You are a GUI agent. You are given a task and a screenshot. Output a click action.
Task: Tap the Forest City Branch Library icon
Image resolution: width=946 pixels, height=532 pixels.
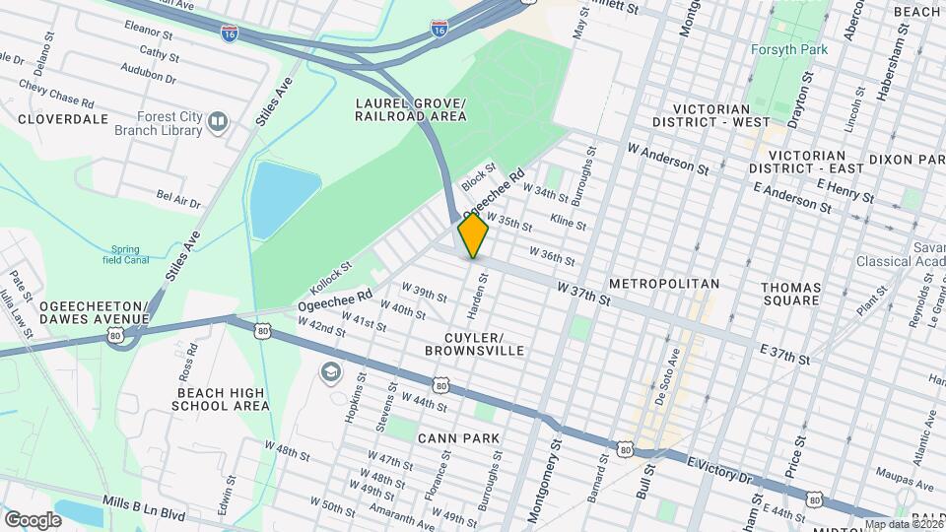tap(217, 122)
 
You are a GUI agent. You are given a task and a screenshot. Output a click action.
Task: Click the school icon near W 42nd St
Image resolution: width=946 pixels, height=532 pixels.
tap(330, 372)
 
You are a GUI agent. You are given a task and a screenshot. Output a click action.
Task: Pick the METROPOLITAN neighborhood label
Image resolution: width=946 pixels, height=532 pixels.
tap(663, 284)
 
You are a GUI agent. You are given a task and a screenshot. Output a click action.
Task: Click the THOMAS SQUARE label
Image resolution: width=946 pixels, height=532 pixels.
tap(804, 293)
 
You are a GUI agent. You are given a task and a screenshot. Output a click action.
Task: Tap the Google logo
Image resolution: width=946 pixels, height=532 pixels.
tap(33, 519)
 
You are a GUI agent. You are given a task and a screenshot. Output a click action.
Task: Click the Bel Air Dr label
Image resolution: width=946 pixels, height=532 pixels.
tap(178, 201)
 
